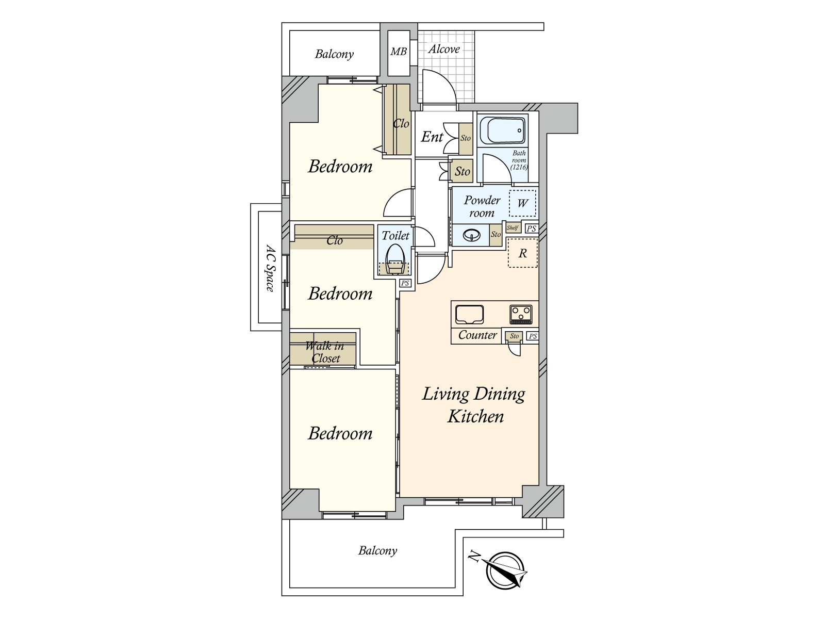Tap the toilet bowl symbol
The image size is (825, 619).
pyautogui.click(x=394, y=259)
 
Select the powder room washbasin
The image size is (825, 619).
pyautogui.click(x=472, y=235)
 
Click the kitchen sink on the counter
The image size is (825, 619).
pyautogui.click(x=469, y=314)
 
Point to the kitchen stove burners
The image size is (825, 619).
pyautogui.click(x=521, y=314)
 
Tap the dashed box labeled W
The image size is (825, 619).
pyautogui.click(x=522, y=203)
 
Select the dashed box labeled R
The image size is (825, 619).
pyautogui.click(x=522, y=253)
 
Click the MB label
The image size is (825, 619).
pyautogui.click(x=399, y=51)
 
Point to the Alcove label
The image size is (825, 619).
pyautogui.click(x=444, y=49)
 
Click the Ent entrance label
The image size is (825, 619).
pyautogui.click(x=432, y=137)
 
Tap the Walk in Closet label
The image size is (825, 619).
pyautogui.click(x=325, y=352)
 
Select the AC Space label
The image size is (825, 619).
pyautogui.click(x=270, y=268)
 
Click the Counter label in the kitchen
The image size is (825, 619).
pyautogui.click(x=477, y=334)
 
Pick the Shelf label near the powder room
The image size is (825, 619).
pyautogui.click(x=513, y=228)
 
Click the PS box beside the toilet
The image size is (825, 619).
pyautogui.click(x=405, y=283)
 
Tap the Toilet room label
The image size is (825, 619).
pyautogui.click(x=395, y=236)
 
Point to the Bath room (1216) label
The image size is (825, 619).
pyautogui.click(x=519, y=160)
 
